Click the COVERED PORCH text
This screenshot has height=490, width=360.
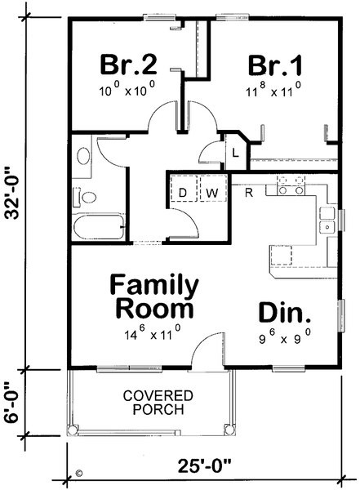153,403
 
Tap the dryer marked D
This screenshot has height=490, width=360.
183,192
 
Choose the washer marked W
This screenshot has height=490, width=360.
211,192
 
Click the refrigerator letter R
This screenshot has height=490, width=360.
247,191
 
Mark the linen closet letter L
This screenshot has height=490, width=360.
235,153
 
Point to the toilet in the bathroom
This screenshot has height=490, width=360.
87,196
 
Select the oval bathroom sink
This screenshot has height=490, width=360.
82,157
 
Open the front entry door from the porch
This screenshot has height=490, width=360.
209,353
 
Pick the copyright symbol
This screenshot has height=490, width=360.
79,472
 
